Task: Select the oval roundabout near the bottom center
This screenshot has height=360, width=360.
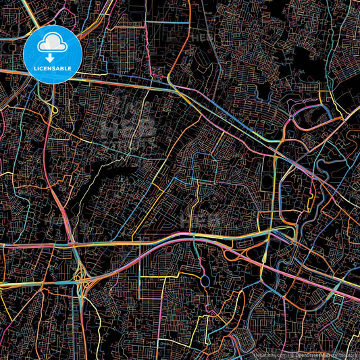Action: pyautogui.click(x=205, y=280)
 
